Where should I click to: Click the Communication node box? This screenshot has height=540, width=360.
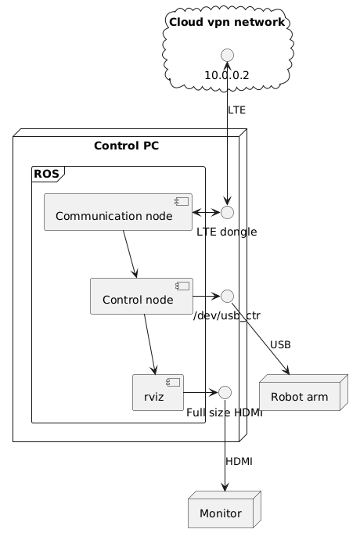pyautogui.click(x=118, y=212)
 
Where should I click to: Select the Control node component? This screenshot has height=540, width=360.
pyautogui.click(x=142, y=296)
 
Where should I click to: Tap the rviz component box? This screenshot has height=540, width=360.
pyautogui.click(x=158, y=392)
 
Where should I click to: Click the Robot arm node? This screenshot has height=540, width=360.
pyautogui.click(x=304, y=392)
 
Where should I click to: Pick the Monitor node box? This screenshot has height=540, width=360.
pyautogui.click(x=225, y=509)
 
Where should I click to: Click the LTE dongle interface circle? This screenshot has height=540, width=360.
pyautogui.click(x=227, y=213)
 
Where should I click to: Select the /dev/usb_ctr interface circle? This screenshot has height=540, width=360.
pyautogui.click(x=227, y=296)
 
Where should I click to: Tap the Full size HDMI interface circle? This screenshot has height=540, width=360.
pyautogui.click(x=225, y=392)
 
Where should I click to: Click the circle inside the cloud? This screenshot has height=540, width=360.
pyautogui.click(x=227, y=55)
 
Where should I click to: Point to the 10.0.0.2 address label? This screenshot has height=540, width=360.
pyautogui.click(x=227, y=75)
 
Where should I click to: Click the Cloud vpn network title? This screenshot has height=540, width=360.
pyautogui.click(x=227, y=22)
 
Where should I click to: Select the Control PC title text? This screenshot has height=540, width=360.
pyautogui.click(x=127, y=146)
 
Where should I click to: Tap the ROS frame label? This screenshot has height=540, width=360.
pyautogui.click(x=46, y=174)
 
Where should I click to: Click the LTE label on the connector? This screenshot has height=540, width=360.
pyautogui.click(x=236, y=110)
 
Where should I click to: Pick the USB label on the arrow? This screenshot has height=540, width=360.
pyautogui.click(x=280, y=344)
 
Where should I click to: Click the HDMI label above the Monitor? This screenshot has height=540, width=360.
pyautogui.click(x=239, y=461)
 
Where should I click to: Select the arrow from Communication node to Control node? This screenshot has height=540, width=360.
pyautogui.click(x=130, y=254)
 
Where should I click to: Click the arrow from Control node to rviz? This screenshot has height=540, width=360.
pyautogui.click(x=150, y=344)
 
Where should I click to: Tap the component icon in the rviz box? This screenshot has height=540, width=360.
pyautogui.click(x=173, y=382)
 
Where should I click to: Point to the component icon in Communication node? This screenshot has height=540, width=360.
pyautogui.click(x=182, y=201)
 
